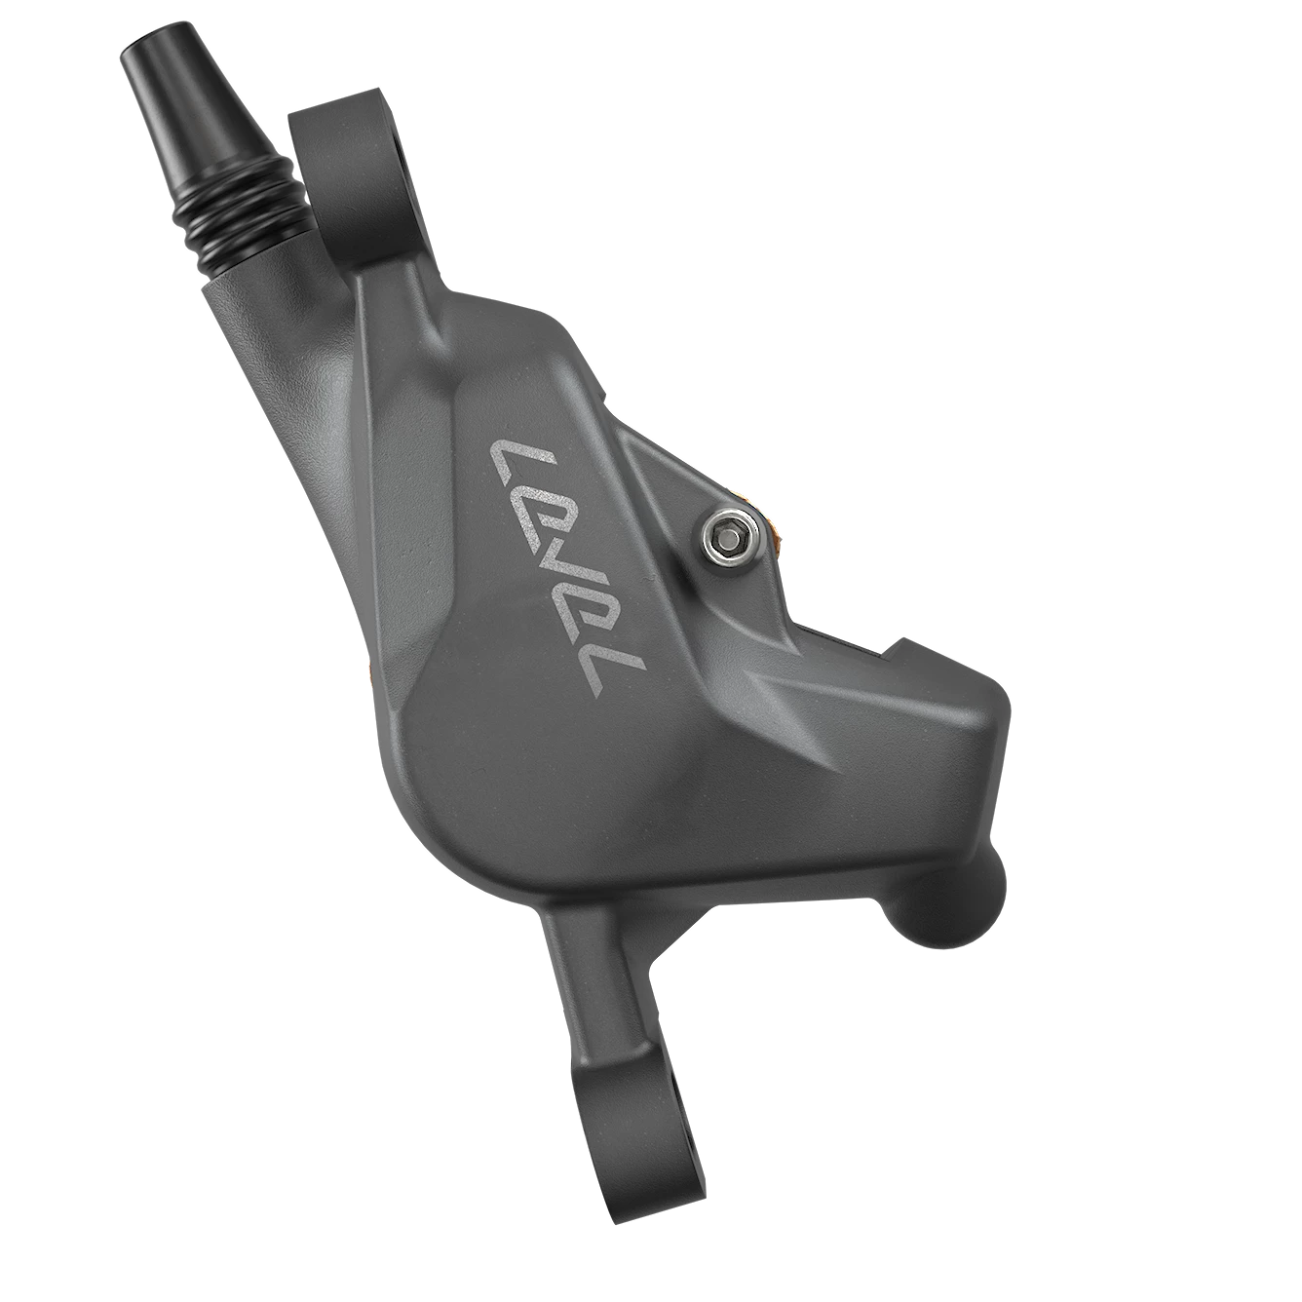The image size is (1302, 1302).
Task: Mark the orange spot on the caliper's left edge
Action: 368,670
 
